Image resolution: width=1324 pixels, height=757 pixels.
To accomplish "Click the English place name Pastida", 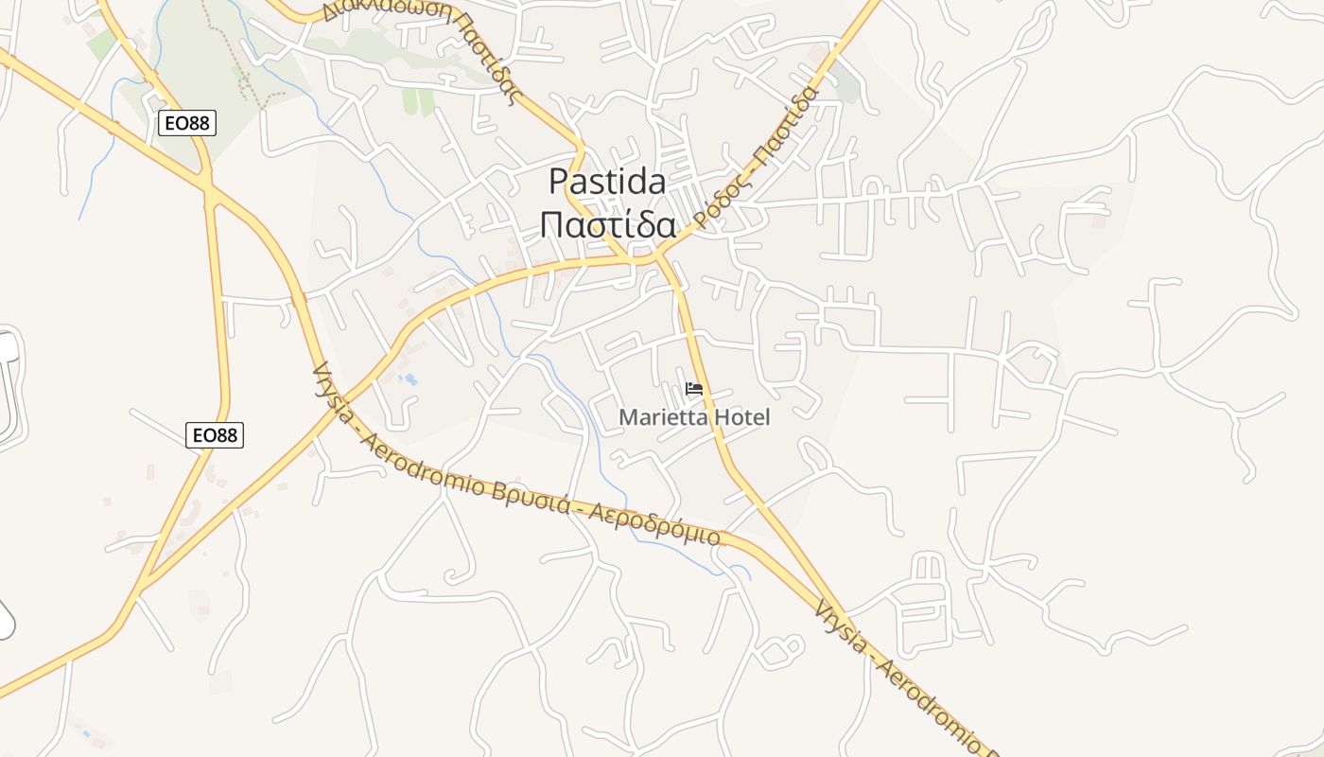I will (607, 181).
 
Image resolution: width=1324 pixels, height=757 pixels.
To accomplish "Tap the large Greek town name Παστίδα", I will (607, 226).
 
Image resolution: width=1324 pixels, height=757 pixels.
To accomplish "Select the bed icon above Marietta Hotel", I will (694, 389).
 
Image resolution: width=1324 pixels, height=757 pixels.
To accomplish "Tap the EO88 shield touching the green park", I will (187, 122).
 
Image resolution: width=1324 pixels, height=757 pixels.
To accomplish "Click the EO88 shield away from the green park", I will (215, 434).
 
